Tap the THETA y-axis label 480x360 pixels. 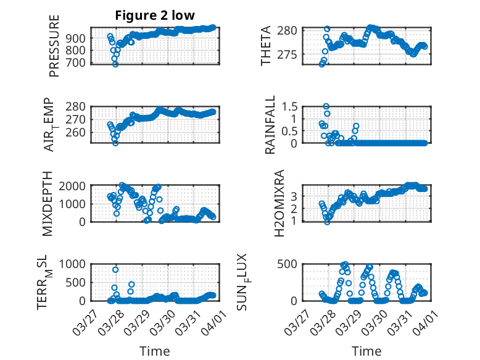pyautogui.click(x=266, y=46)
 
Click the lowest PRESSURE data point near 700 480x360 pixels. pyautogui.click(x=115, y=64)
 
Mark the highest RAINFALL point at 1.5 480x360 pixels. pyautogui.click(x=326, y=106)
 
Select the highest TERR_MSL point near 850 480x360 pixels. pyautogui.click(x=115, y=269)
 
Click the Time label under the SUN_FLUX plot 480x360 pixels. pyautogui.click(x=366, y=351)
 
